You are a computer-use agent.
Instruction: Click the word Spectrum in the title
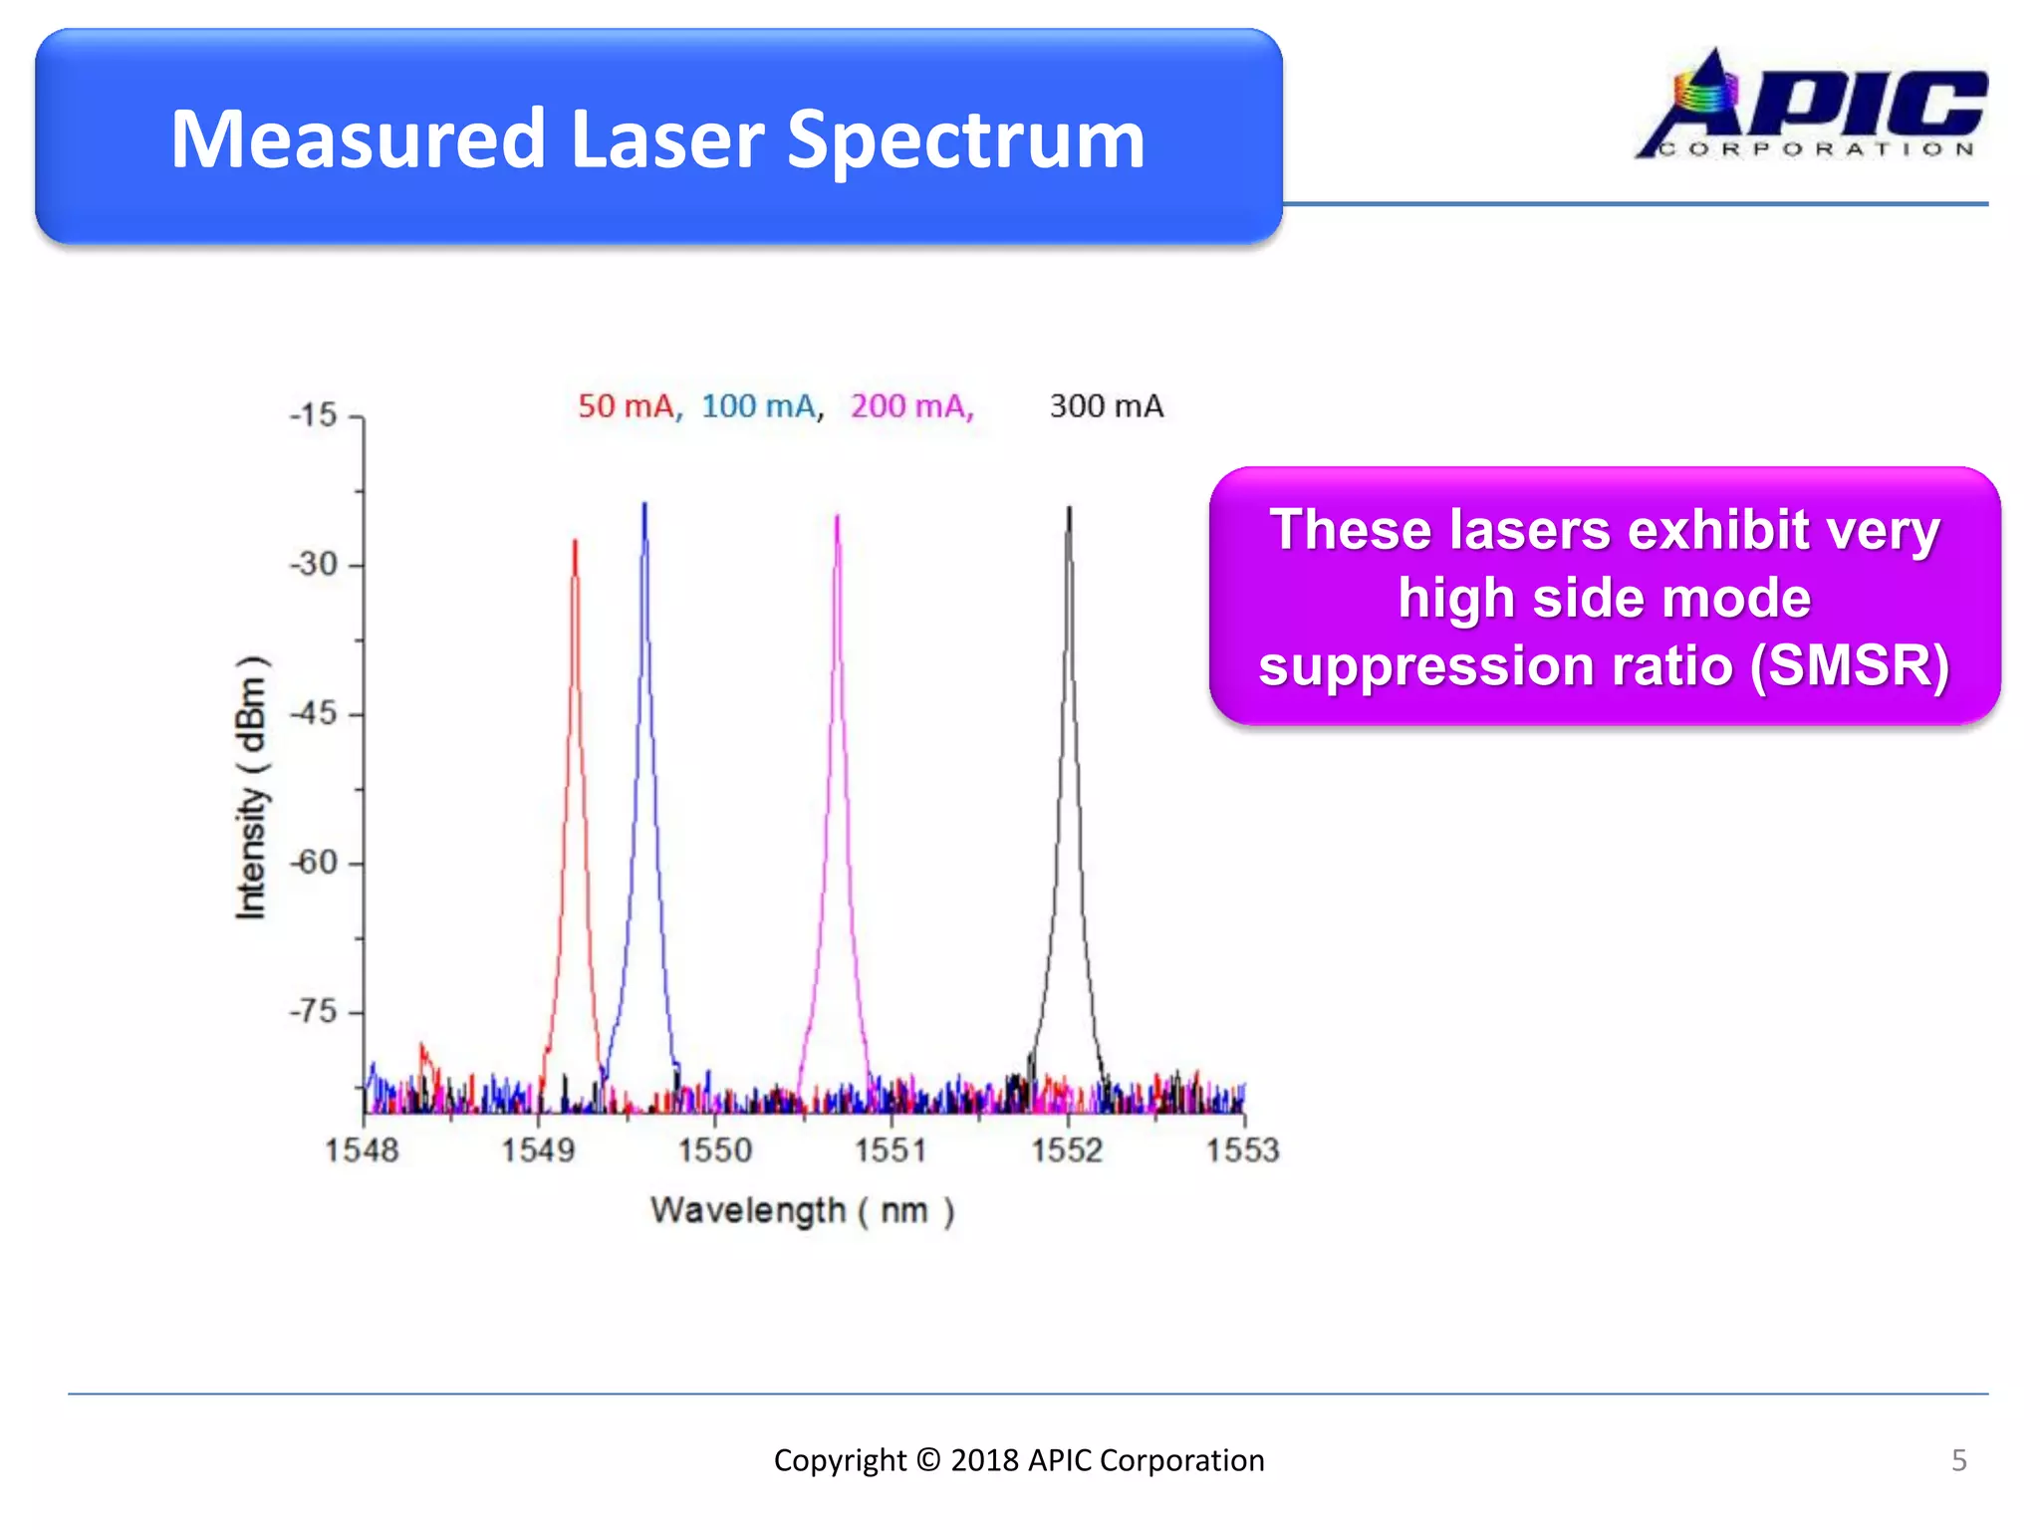pos(965,139)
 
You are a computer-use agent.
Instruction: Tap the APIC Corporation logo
pos(1811,105)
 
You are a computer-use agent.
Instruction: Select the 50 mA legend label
pos(628,406)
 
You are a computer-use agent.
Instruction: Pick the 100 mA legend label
pos(759,406)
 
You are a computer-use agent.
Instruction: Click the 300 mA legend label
pos(1106,406)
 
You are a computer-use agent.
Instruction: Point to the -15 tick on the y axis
pos(315,416)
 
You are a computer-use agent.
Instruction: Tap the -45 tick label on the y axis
pos(315,713)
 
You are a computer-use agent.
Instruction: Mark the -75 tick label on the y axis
pos(315,1012)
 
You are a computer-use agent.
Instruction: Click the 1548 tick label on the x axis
pos(362,1150)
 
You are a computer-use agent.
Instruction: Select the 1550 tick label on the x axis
pos(714,1150)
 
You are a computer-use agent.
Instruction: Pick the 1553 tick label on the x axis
pos(1242,1150)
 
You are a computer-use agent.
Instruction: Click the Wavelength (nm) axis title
pos(802,1211)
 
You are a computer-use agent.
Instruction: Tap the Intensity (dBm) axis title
pos(251,787)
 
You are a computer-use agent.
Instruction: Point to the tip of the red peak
pos(575,542)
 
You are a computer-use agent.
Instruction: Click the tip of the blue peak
pos(644,505)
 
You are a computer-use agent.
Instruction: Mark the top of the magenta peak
pos(837,516)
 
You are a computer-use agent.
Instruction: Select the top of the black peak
pos(1070,508)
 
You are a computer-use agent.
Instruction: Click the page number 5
pos(1958,1460)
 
